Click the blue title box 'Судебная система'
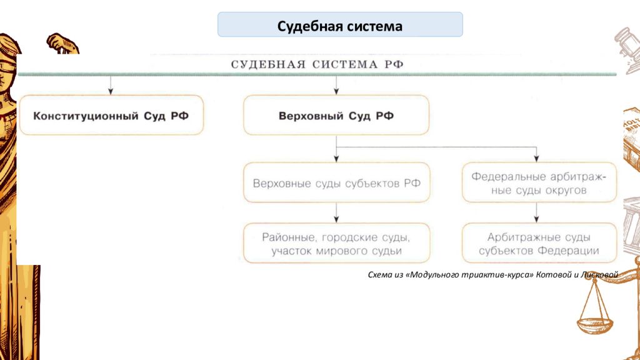pyautogui.click(x=340, y=24)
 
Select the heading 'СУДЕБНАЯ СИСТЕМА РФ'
pyautogui.click(x=317, y=64)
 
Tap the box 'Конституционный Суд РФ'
pyautogui.click(x=111, y=115)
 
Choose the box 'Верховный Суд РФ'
pyautogui.click(x=336, y=115)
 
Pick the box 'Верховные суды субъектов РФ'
pyautogui.click(x=336, y=182)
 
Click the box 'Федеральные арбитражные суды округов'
pyautogui.click(x=539, y=182)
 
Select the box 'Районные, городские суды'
pyautogui.click(x=336, y=243)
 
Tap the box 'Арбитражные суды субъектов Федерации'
pyautogui.click(x=539, y=243)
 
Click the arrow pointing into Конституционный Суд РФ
pyautogui.click(x=110, y=85)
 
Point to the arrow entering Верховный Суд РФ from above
pyautogui.click(x=336, y=85)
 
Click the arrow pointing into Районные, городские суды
pyautogui.click(x=336, y=212)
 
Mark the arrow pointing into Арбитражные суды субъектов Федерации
pyautogui.click(x=536, y=212)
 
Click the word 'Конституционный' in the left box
pyautogui.click(x=86, y=116)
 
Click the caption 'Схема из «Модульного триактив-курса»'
pyautogui.click(x=451, y=275)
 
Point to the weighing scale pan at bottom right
pyautogui.click(x=595, y=325)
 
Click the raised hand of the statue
pyautogui.click(x=61, y=43)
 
